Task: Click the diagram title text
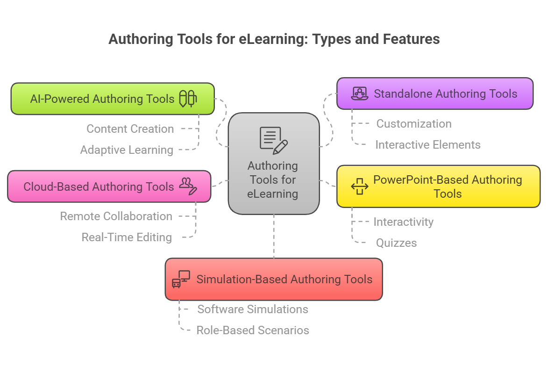(x=274, y=39)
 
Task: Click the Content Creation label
(x=130, y=129)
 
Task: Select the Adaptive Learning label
(x=127, y=150)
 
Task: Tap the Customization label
(x=414, y=123)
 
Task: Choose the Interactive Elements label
(x=427, y=144)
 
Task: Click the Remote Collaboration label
(x=116, y=216)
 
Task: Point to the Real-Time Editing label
(x=127, y=237)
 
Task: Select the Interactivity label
(x=403, y=222)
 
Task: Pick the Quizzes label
(x=396, y=243)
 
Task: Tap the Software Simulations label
(x=253, y=309)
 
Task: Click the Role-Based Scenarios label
(x=253, y=330)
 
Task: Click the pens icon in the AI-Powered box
(x=188, y=99)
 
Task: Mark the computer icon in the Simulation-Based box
(x=181, y=279)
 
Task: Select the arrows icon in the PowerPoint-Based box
(x=360, y=186)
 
